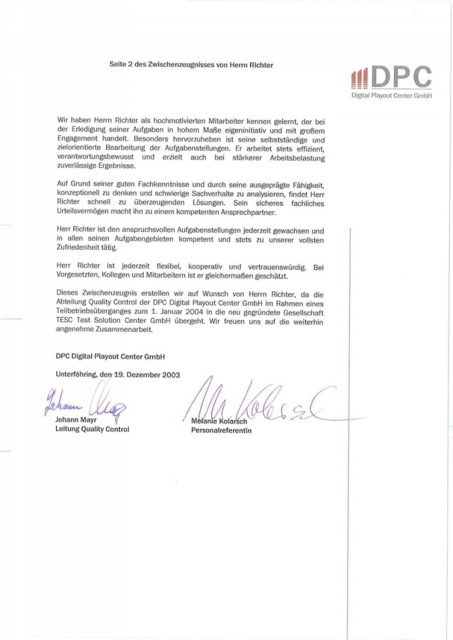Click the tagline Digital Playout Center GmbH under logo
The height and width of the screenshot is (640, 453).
pyautogui.click(x=391, y=96)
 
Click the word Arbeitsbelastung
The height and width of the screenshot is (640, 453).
pyautogui.click(x=296, y=158)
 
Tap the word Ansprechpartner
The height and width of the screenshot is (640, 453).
pyautogui.click(x=248, y=213)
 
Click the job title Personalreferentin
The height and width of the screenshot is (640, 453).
pyautogui.click(x=220, y=431)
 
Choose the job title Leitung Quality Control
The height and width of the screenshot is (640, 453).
pyautogui.click(x=92, y=429)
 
